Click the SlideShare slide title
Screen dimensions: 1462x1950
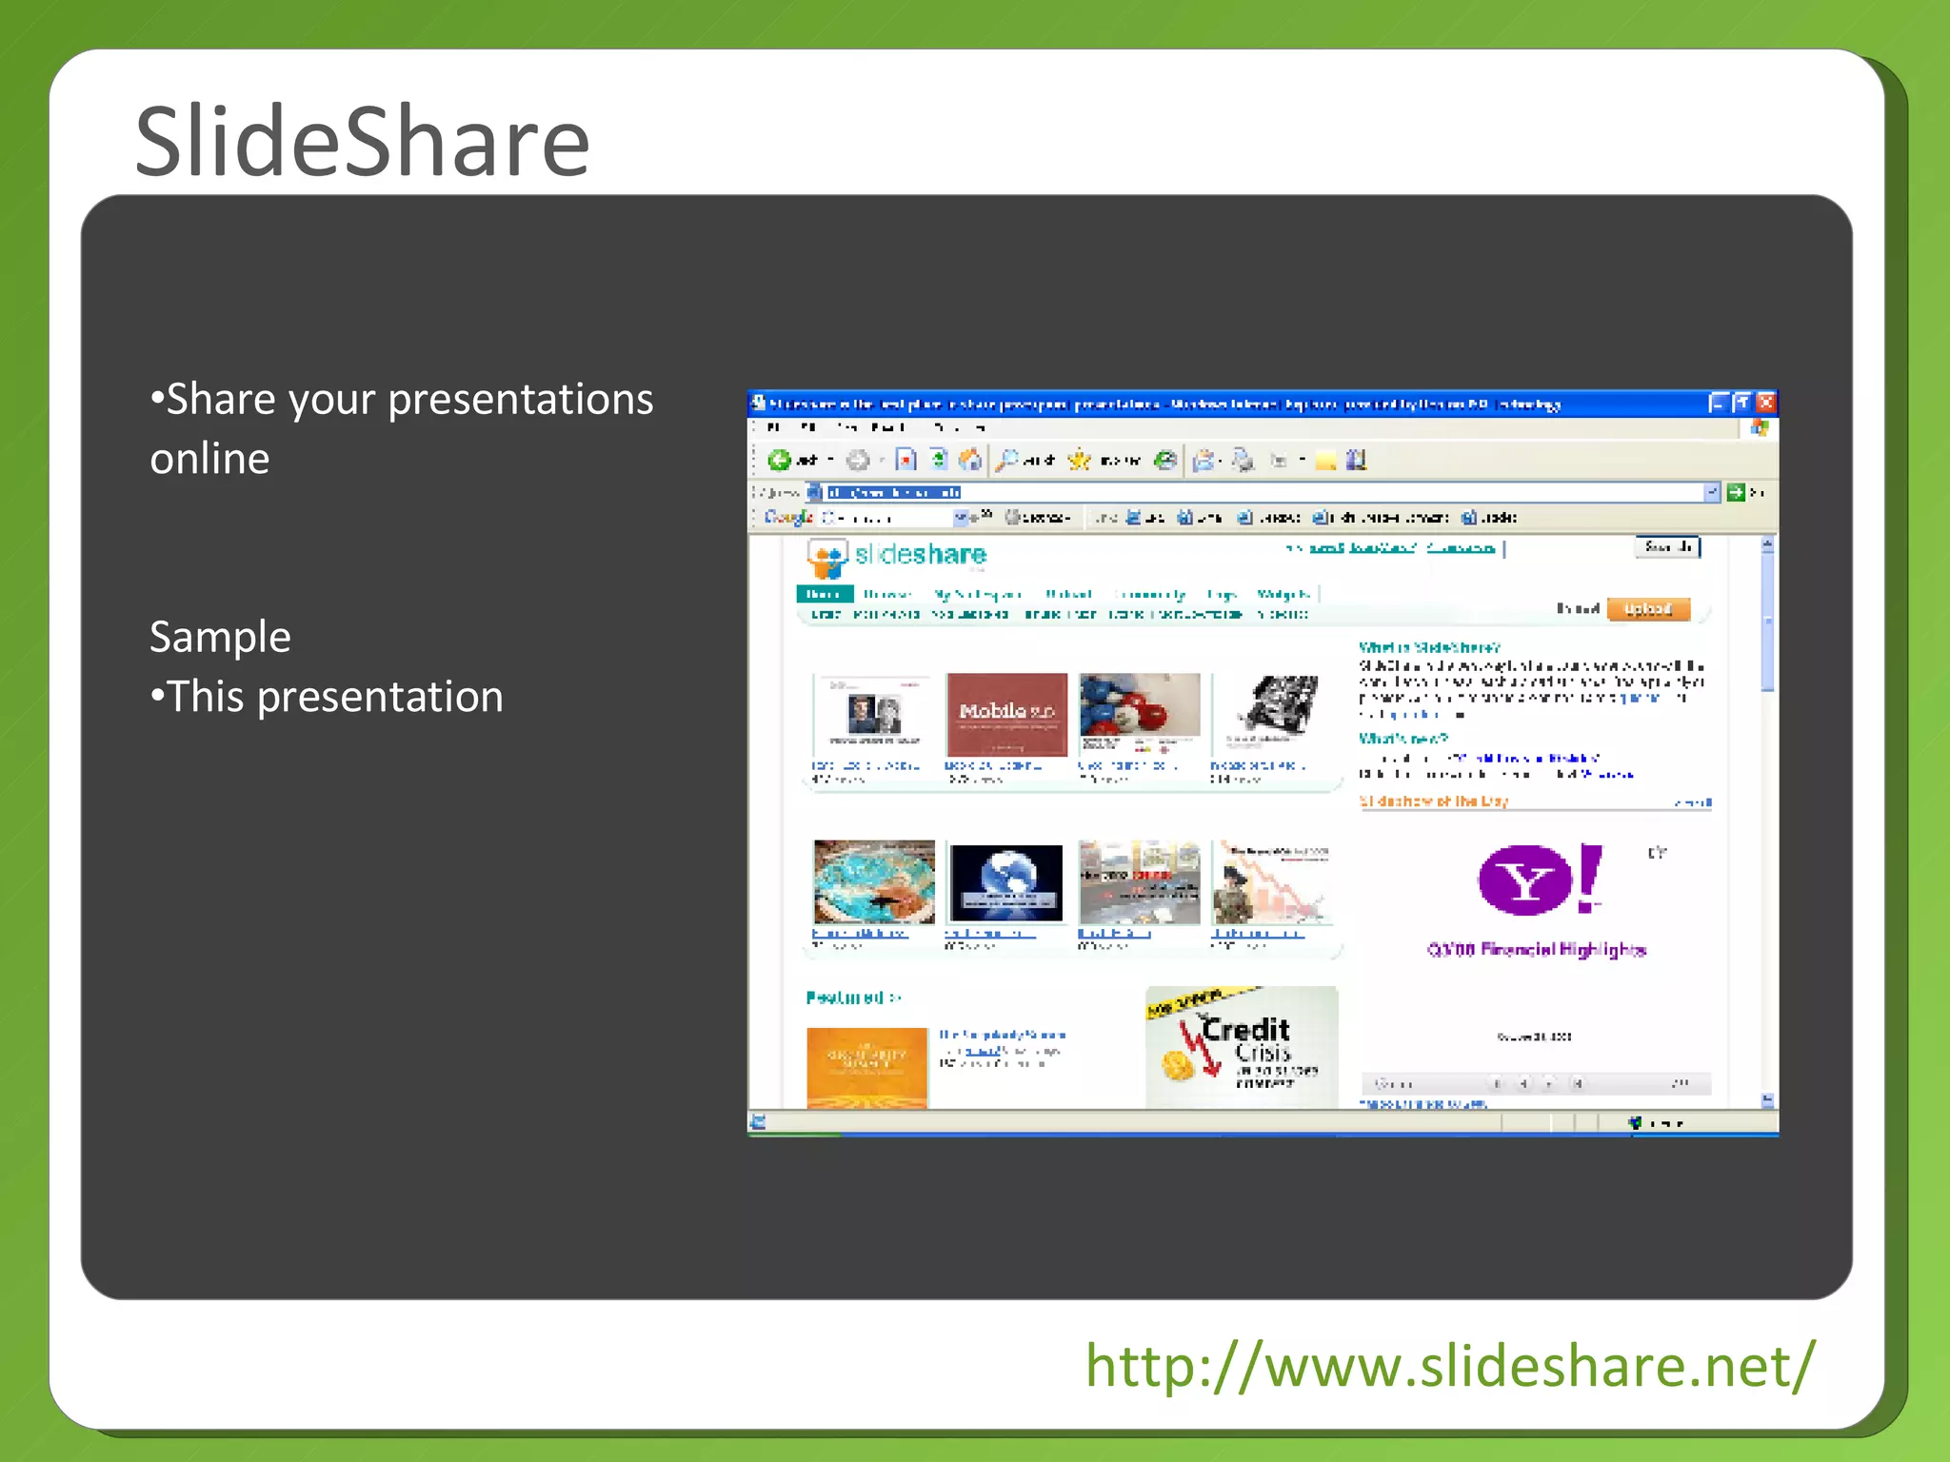(362, 142)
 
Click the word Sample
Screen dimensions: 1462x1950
(220, 637)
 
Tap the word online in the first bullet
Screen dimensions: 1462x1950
(209, 459)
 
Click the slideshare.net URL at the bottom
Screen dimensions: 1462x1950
(1450, 1366)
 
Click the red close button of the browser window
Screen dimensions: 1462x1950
(1765, 403)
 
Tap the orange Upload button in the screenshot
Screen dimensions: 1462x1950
(1647, 609)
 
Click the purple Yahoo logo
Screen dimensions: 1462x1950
(1538, 879)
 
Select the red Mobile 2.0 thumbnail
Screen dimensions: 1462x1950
(1006, 714)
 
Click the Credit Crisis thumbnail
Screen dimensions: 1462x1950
(1242, 1047)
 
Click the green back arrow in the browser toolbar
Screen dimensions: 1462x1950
(780, 461)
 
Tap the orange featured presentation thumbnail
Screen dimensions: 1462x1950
(866, 1067)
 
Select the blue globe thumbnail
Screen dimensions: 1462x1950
(1006, 882)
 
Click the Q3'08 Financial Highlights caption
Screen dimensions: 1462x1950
(1536, 950)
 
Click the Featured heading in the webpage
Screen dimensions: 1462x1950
(846, 998)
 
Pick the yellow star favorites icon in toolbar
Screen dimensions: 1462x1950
(1079, 461)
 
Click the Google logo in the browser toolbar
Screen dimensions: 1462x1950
(788, 517)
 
